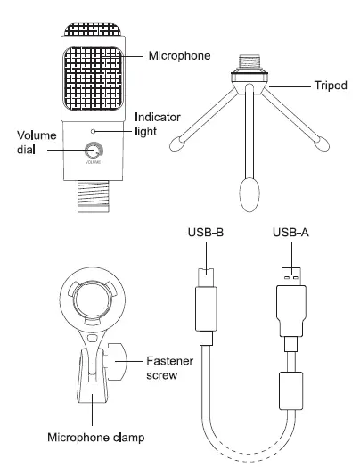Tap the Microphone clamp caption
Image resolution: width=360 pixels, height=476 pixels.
[x=96, y=438]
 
